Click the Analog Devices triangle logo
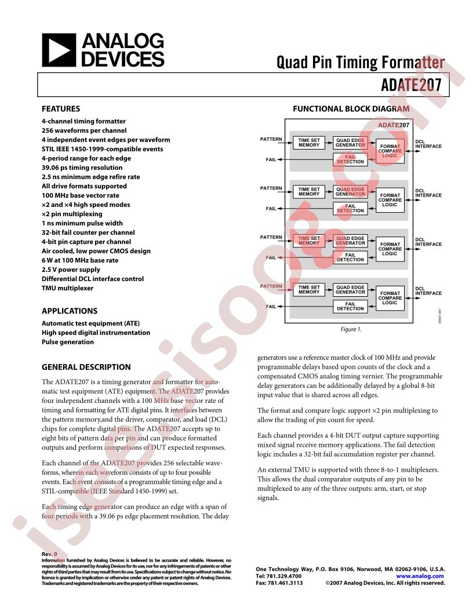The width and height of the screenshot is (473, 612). pos(59,50)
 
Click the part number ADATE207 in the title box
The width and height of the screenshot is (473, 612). pos(411,85)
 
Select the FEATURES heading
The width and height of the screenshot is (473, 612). pos(61,109)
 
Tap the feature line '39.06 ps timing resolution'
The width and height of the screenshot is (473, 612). pos(82,167)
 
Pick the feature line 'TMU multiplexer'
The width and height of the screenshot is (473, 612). pos(67,288)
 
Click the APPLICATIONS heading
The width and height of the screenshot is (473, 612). pos(70,311)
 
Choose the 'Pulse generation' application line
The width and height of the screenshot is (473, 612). pos(68,342)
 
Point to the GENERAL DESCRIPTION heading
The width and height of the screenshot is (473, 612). pos(86,367)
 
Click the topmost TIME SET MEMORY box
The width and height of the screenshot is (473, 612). pos(309,143)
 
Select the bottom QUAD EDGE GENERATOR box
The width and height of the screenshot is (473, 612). pos(350,290)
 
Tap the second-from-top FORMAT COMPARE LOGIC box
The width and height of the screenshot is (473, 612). pos(390,200)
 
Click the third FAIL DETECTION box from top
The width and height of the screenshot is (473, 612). pos(350,257)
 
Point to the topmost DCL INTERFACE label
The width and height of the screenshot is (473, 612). pos(428,144)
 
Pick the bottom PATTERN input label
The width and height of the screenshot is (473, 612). pos(271,286)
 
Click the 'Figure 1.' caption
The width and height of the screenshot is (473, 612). pos(351,329)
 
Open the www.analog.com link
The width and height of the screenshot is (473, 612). pos(420,576)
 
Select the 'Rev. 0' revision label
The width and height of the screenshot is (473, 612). pos(50,554)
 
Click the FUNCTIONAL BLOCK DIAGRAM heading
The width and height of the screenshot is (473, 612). pos(351,109)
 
